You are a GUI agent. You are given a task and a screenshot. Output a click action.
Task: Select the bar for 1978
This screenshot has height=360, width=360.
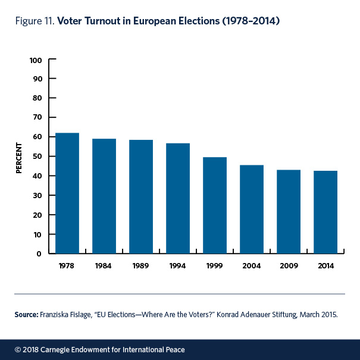[67, 193]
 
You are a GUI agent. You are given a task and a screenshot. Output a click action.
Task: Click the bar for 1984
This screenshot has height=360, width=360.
[104, 196]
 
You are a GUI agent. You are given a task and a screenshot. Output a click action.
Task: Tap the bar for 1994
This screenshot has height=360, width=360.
[178, 199]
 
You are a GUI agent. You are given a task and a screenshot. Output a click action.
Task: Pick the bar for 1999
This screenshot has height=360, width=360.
[215, 205]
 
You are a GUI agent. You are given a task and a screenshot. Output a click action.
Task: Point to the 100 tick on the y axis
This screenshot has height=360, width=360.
[35, 60]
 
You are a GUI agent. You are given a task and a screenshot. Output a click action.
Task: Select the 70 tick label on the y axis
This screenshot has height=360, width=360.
[37, 118]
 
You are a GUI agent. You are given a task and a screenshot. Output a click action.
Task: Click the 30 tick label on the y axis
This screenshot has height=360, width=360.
[37, 195]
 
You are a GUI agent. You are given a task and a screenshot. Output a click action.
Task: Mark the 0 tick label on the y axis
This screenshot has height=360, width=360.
[39, 253]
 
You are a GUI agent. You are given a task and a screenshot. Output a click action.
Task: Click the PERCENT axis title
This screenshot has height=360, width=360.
[19, 157]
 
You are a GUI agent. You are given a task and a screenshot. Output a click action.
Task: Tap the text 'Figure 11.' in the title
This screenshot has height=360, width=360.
[34, 21]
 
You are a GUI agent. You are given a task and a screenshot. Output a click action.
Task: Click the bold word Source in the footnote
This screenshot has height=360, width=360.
[27, 314]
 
